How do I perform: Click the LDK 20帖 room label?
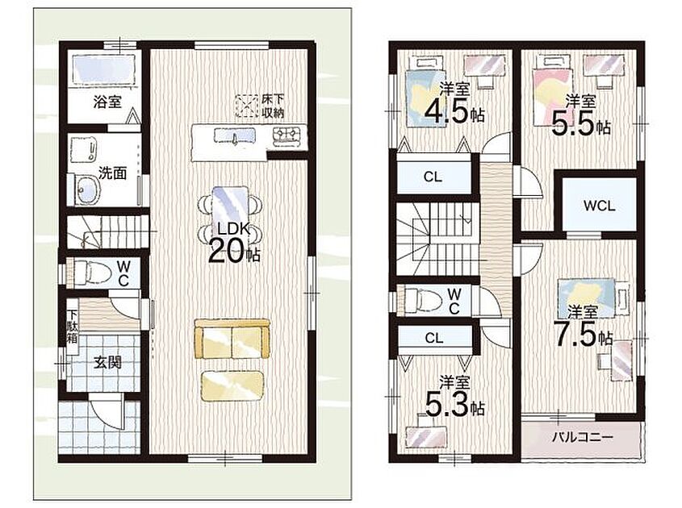[234, 244]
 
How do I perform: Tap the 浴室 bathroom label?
[107, 102]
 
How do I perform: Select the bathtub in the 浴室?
[105, 69]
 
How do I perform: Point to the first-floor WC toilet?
[91, 273]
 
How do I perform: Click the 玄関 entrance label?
[107, 362]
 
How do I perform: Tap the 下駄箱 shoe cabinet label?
[73, 326]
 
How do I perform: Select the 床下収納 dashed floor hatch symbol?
[247, 106]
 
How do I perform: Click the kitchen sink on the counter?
[234, 136]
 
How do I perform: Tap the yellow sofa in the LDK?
[232, 339]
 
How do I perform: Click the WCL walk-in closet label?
[599, 206]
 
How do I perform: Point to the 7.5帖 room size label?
[583, 335]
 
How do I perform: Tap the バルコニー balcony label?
[583, 437]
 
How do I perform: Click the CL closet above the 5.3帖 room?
[434, 338]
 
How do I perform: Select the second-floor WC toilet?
[423, 301]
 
